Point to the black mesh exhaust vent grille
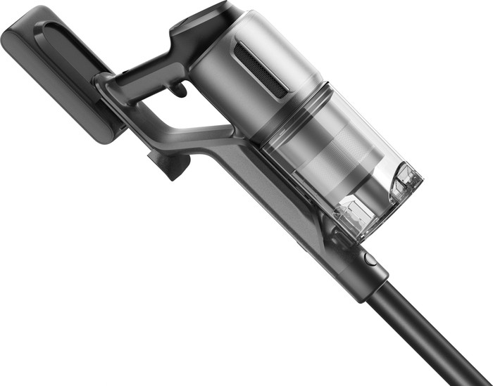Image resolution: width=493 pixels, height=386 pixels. pyautogui.click(x=261, y=68)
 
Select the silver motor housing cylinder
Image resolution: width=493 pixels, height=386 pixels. pyautogui.click(x=232, y=77)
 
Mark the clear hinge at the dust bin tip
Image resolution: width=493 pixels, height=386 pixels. pyautogui.click(x=405, y=179)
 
